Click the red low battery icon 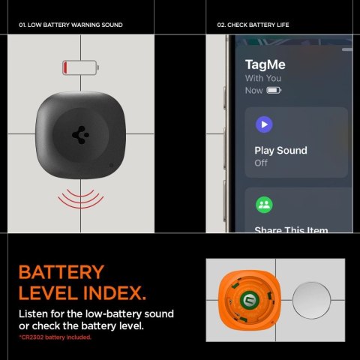pos(80,69)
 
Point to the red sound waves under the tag pos(80,198)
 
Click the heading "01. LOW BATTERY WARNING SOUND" pos(70,25)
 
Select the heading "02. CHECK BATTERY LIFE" pos(253,25)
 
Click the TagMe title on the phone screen pos(265,64)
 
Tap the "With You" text pos(262,78)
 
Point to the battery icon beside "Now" pos(274,91)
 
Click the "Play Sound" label pos(280,151)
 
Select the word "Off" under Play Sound pos(261,163)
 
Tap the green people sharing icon pos(264,205)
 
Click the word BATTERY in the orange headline pos(61,272)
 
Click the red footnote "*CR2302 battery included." pos(55,337)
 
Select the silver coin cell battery pos(314,302)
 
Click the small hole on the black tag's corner pos(112,165)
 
